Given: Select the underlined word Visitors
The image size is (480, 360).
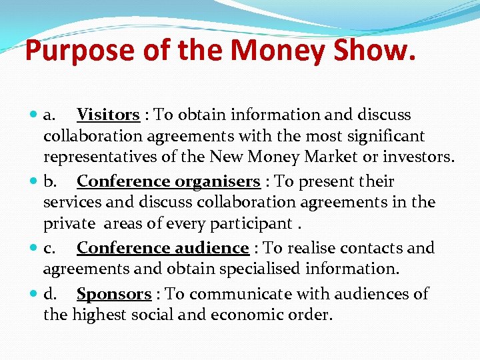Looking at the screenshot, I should click(x=108, y=115).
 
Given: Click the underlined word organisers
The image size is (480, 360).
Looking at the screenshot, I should click(x=217, y=181).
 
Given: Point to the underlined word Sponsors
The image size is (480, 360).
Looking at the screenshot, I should click(x=114, y=294).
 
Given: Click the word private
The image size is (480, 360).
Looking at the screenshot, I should click(x=65, y=223).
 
